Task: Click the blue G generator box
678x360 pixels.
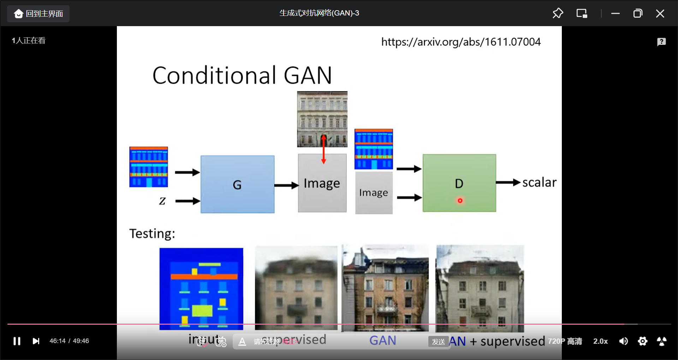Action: pos(237,184)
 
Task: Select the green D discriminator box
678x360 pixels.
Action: pos(459,183)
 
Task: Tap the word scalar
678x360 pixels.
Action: pos(539,182)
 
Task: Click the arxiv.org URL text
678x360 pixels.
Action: pos(461,42)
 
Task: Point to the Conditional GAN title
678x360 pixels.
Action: pos(242,75)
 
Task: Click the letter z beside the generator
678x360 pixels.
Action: pos(162,201)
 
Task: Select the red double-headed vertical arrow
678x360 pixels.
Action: pos(323,149)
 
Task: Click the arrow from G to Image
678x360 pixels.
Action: pos(286,185)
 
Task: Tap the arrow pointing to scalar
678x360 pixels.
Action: pos(508,182)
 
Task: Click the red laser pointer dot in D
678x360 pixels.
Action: pos(460,201)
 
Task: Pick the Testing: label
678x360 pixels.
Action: pos(152,234)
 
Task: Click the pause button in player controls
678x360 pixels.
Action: pos(17,341)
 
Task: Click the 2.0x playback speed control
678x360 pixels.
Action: pos(600,341)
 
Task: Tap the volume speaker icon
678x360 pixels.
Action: pos(623,341)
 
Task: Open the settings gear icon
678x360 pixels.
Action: pos(643,341)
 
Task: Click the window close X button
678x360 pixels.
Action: pos(660,14)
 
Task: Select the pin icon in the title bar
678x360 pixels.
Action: pos(558,13)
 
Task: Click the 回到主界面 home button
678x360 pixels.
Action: pos(38,14)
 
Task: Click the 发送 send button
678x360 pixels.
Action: pos(439,342)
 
